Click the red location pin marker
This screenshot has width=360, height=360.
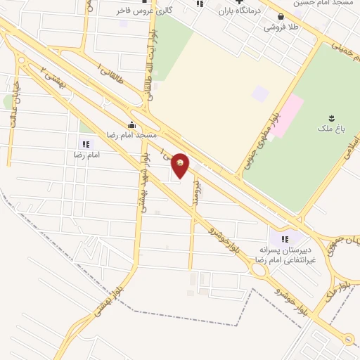coord(181,165)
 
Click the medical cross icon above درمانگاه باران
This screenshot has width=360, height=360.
coord(239,2)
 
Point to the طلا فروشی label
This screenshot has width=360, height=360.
coord(281,27)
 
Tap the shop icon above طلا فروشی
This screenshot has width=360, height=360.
coord(281,18)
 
